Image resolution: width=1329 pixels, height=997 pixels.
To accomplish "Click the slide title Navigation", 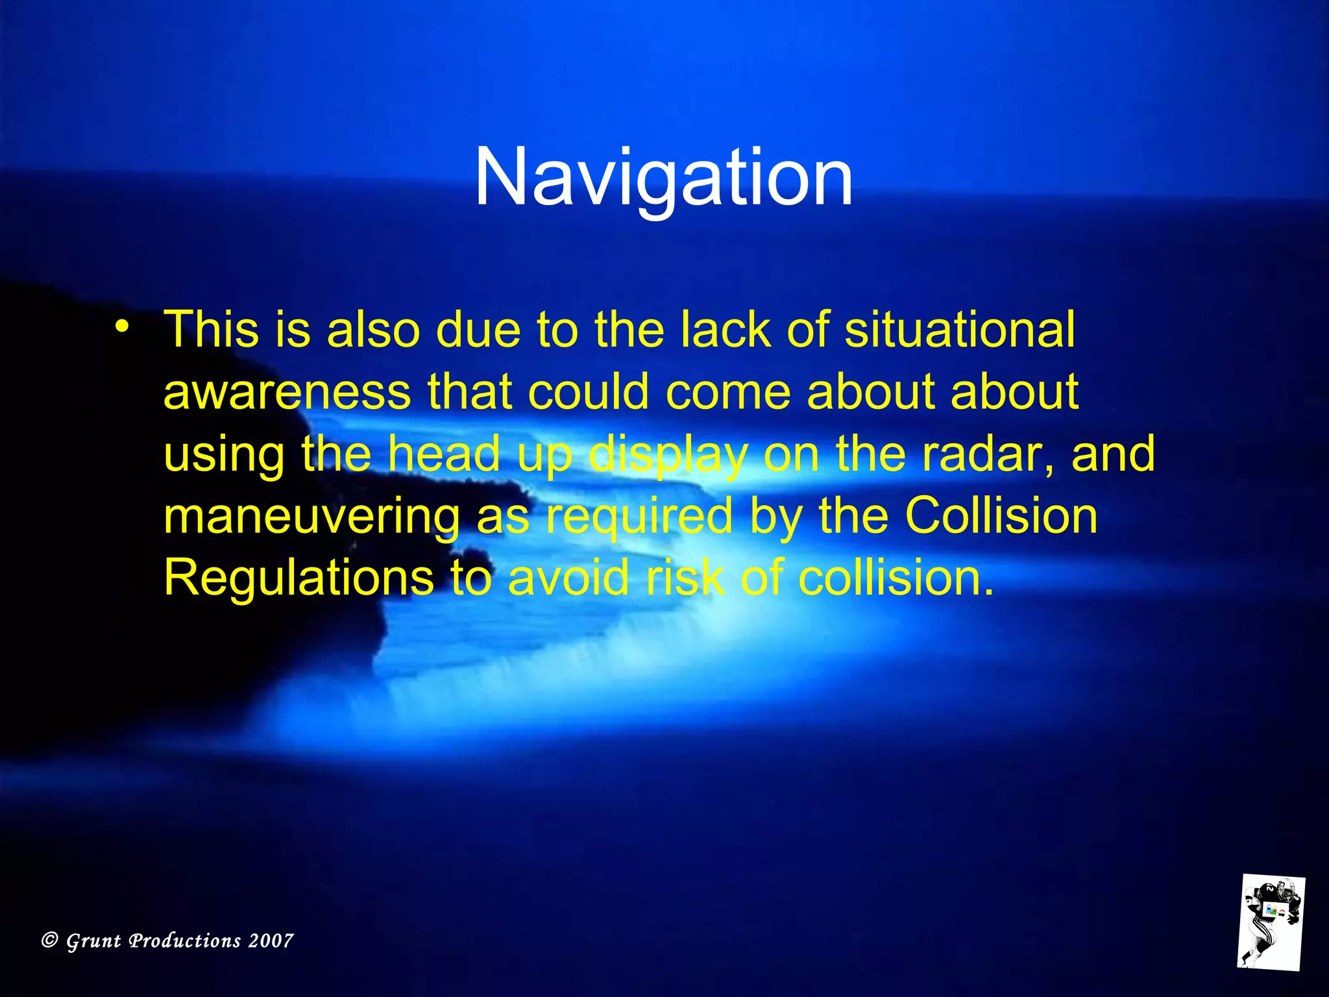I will click(663, 177).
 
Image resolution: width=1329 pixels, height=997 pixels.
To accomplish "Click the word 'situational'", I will click(959, 330).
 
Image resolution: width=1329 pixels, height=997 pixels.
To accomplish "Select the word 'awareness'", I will click(287, 392).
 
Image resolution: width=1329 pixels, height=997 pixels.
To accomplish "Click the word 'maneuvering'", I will click(311, 517).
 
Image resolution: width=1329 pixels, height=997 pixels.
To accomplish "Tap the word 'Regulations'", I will click(299, 578).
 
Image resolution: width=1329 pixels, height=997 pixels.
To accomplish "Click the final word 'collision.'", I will click(896, 578).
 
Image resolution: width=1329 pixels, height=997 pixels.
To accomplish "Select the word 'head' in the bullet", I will click(445, 454).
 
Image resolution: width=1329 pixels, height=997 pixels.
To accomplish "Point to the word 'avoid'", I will click(568, 578).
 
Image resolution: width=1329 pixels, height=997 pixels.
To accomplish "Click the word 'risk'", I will click(685, 578).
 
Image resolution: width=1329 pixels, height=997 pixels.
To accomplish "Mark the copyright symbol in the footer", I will click(49, 941).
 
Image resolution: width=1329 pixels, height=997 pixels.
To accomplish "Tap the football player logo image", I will click(1271, 922).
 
